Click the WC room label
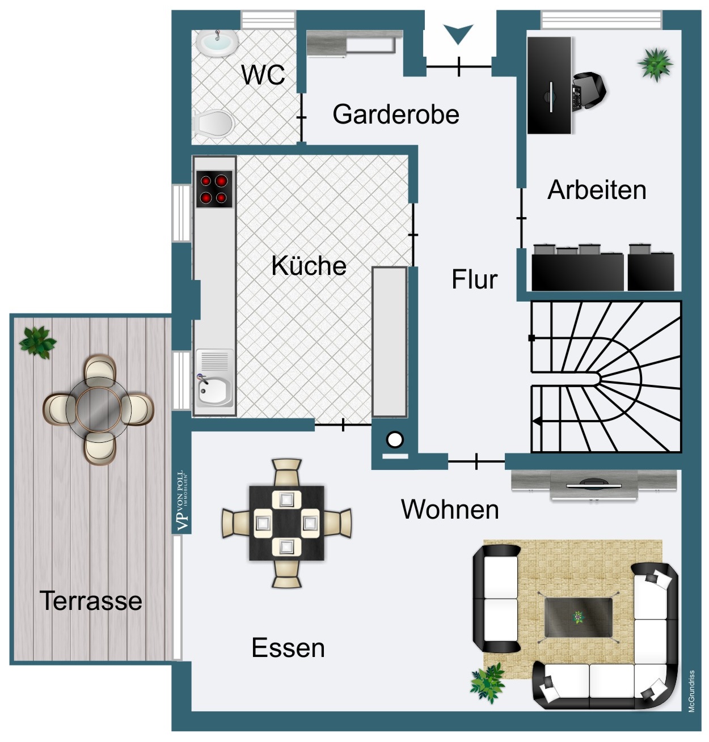(x=263, y=75)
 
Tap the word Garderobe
(x=396, y=114)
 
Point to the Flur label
(x=474, y=279)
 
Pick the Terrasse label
(x=91, y=600)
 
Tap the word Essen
(x=288, y=648)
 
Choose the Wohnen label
(x=450, y=509)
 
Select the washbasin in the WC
(x=217, y=43)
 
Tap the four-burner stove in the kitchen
(x=214, y=189)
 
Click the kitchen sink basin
(x=214, y=390)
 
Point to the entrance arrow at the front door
(x=458, y=33)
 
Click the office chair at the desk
(x=588, y=90)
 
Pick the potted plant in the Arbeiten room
(x=655, y=65)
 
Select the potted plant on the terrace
(x=37, y=342)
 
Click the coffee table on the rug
(x=578, y=617)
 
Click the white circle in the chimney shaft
(x=395, y=439)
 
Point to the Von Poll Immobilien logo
(x=182, y=501)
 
